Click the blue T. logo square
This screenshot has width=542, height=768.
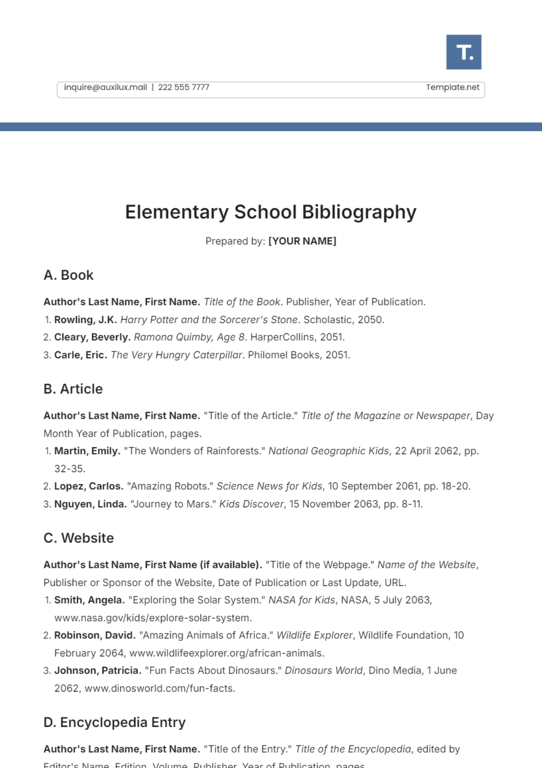(463, 52)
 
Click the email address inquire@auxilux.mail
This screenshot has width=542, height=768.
(105, 87)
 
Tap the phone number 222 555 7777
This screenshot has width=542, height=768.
(183, 87)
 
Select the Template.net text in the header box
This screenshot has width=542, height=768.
(453, 87)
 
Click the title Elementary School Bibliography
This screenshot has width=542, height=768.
(271, 212)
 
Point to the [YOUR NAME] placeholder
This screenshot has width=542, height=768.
(302, 241)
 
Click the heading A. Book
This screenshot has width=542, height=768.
(68, 275)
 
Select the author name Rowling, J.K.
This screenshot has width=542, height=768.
(85, 320)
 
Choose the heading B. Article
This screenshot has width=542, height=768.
(73, 389)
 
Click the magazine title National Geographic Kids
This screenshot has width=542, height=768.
(328, 451)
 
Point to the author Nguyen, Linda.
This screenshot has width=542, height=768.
(90, 504)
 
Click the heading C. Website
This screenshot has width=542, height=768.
(79, 538)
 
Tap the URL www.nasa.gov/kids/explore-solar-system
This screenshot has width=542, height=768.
(153, 618)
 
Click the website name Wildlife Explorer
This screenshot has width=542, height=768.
(314, 636)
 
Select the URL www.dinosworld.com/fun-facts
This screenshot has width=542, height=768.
(159, 689)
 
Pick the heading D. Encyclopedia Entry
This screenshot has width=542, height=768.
(114, 722)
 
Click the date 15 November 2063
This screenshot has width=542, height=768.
(334, 504)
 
